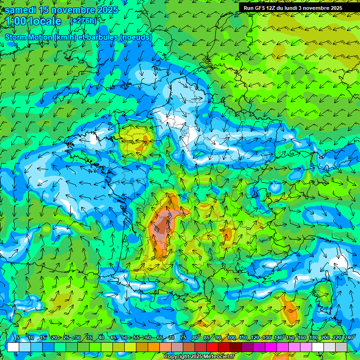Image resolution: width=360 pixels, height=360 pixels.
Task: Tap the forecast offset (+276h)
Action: [83, 21]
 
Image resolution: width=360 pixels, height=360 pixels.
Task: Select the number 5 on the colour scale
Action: [18, 338]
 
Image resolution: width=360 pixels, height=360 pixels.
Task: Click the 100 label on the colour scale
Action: [232, 338]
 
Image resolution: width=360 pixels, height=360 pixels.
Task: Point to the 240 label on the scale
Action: [349, 338]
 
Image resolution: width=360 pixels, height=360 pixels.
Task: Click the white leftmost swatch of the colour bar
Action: [13, 347]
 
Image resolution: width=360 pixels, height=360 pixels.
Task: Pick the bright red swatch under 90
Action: [213, 347]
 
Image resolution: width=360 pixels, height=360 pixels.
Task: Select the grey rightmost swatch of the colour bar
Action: [341, 347]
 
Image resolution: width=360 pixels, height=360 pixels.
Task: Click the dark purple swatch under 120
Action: [248, 347]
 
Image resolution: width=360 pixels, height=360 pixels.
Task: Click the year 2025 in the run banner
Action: [334, 8]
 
